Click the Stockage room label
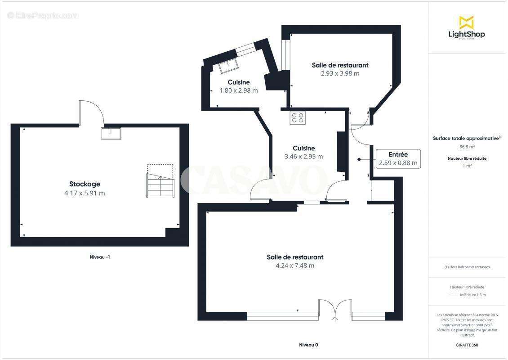[85, 184]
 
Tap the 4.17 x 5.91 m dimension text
[85, 193]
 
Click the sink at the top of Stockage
[111, 134]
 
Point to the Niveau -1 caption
[100, 257]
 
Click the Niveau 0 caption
[308, 345]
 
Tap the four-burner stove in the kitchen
[298, 117]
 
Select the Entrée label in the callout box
[398, 154]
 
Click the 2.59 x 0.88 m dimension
[398, 163]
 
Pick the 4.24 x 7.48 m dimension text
[295, 265]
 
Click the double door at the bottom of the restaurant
[335, 310]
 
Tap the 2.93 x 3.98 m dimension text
[340, 73]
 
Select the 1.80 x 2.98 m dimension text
[239, 90]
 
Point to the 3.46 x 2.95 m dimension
[303, 157]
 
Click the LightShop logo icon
[467, 23]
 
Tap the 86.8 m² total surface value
[467, 147]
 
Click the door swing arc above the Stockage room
[92, 112]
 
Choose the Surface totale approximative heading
[466, 139]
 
